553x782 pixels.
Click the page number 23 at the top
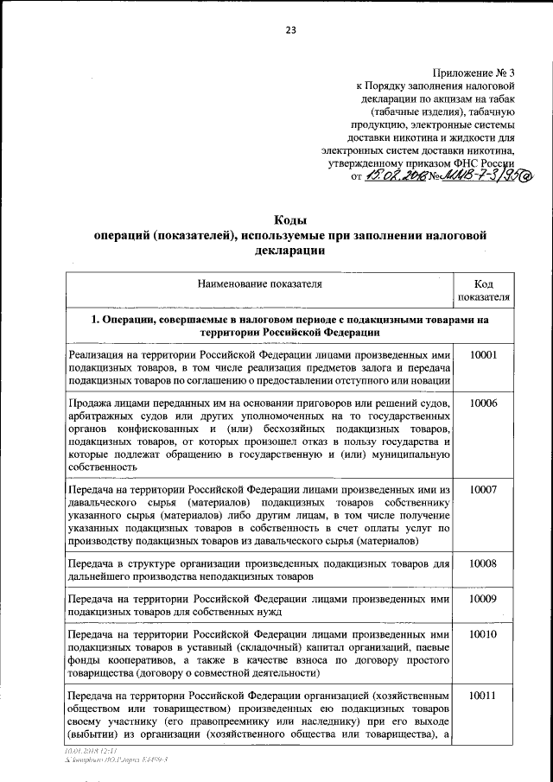pyautogui.click(x=291, y=30)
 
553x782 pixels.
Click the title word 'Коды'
pyautogui.click(x=290, y=220)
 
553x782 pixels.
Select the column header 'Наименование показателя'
pyautogui.click(x=259, y=283)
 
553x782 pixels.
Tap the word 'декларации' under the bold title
pyautogui.click(x=290, y=251)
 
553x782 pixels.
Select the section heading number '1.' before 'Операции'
pyautogui.click(x=97, y=320)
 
